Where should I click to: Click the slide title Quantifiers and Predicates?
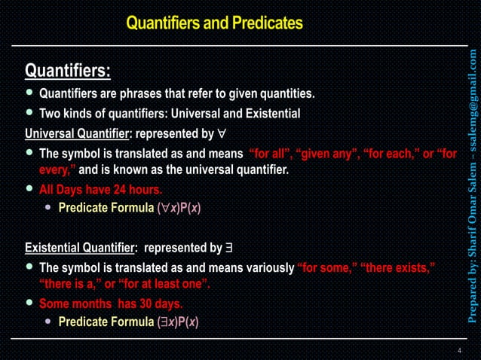(214, 23)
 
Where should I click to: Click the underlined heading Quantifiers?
(68, 72)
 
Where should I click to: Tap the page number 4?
(459, 351)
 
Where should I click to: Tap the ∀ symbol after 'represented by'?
(220, 134)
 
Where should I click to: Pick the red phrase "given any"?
(326, 154)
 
